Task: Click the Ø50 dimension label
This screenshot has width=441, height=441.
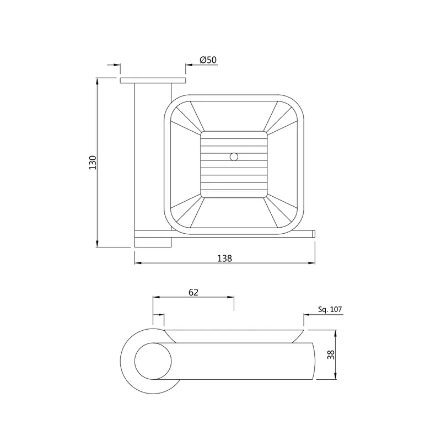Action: click(208, 60)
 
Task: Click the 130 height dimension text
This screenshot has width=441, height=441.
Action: click(93, 162)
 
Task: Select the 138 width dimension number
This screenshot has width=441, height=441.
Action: click(224, 258)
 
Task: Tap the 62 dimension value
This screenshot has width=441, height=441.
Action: click(193, 292)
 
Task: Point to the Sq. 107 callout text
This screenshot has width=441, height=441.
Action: click(330, 309)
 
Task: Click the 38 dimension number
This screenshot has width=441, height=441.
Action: click(331, 354)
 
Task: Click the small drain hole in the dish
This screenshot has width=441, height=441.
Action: click(234, 157)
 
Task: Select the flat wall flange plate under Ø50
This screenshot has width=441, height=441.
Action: click(153, 80)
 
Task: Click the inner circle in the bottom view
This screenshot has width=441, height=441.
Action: click(153, 361)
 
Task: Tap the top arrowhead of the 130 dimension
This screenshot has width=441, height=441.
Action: click(98, 81)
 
